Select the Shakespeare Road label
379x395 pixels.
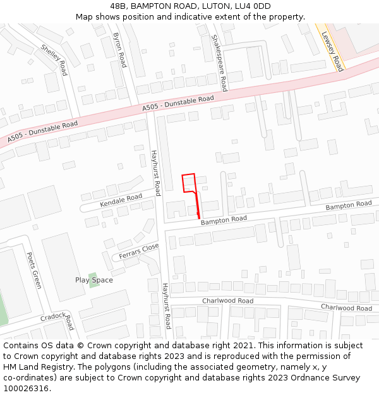(219, 63)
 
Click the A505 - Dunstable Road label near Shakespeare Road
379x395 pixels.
(178, 104)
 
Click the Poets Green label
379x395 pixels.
(33, 270)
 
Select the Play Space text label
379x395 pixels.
(94, 280)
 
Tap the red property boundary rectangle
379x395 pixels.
(189, 183)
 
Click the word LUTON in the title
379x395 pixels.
(216, 6)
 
